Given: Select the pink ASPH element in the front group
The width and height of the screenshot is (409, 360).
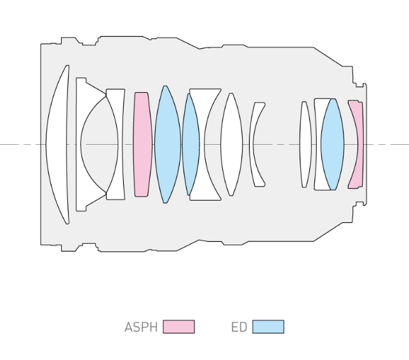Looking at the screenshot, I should [142, 145].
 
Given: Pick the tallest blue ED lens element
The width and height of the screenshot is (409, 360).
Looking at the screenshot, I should [166, 145].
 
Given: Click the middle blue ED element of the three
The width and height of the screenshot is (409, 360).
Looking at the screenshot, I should [191, 145].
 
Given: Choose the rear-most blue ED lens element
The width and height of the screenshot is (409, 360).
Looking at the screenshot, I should [332, 145].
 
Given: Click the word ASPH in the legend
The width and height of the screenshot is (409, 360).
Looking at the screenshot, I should [141, 327].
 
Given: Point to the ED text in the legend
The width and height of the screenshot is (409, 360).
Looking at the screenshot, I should [239, 327].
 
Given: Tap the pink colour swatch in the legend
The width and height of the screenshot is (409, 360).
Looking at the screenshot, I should [178, 327].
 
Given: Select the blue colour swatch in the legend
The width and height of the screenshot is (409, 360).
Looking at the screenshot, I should [268, 327].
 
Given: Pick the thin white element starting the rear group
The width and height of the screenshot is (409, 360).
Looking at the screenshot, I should [305, 145].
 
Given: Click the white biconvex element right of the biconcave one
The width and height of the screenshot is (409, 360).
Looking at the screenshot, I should [231, 145].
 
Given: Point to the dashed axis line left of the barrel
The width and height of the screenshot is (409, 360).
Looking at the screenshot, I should [19, 145].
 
